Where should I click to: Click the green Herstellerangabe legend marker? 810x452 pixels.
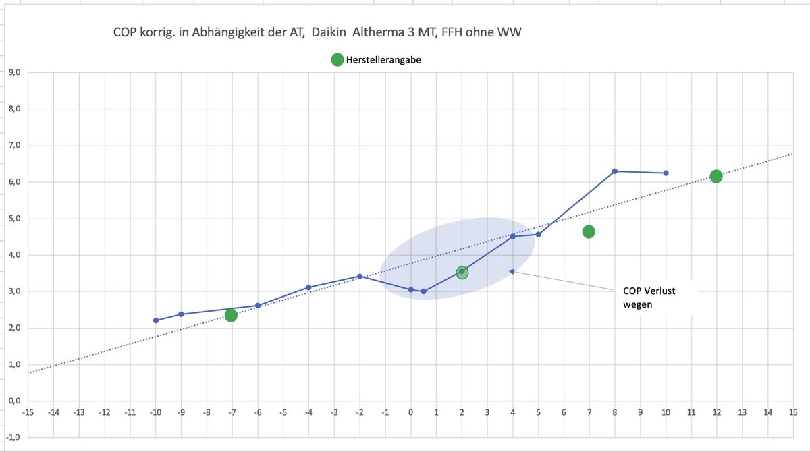coord(337,60)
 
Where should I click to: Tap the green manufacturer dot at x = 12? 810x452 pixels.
coord(716,176)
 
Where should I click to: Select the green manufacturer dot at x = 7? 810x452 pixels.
coord(589,231)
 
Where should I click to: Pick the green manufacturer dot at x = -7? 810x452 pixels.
coord(231,315)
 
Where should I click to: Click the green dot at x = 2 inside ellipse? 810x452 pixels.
coord(462,273)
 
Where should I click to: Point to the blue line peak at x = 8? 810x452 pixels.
coord(614,171)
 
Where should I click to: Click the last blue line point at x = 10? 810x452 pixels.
coord(666,173)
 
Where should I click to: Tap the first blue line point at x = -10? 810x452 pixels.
coord(156,320)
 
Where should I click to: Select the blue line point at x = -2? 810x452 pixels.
coord(360,276)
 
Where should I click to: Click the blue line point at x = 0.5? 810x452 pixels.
coord(423,291)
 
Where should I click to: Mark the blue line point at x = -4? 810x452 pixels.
coord(308,287)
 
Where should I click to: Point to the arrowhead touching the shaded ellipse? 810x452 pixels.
coord(512,271)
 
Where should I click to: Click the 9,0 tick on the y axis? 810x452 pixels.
coord(13,73)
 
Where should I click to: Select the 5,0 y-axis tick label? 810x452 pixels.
coord(13,219)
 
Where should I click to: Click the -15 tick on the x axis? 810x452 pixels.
coord(28,411)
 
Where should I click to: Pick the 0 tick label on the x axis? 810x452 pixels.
coord(410,411)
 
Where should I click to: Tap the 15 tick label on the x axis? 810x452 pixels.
coord(794,411)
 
